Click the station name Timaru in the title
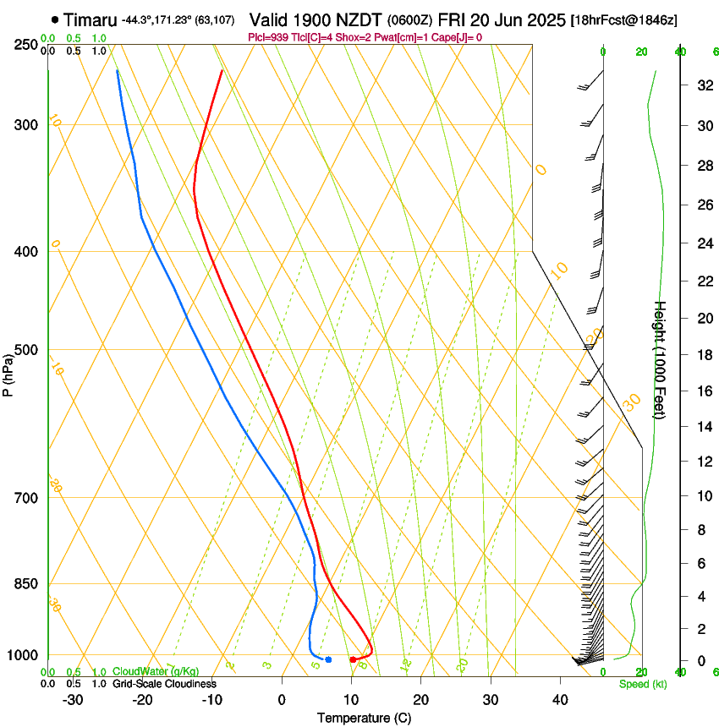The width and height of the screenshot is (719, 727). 90,19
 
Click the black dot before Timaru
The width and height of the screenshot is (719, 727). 55,19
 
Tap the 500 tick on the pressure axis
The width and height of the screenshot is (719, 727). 25,350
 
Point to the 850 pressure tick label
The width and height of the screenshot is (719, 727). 25,584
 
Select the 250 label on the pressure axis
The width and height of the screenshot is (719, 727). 25,45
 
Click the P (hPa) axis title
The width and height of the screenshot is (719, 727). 8,370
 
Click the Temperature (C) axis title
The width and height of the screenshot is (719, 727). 364,718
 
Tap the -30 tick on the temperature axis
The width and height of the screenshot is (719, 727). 72,700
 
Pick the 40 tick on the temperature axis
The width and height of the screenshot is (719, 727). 559,700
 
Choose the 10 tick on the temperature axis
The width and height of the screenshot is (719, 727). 350,700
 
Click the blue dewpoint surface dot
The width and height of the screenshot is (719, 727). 328,659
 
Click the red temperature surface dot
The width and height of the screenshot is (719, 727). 353,659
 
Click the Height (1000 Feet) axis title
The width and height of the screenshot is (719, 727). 661,359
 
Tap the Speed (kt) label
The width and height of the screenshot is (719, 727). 643,684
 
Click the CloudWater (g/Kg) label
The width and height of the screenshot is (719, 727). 144,672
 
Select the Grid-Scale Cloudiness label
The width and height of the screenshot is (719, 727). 164,684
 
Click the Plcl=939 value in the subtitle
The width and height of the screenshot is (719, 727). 270,37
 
